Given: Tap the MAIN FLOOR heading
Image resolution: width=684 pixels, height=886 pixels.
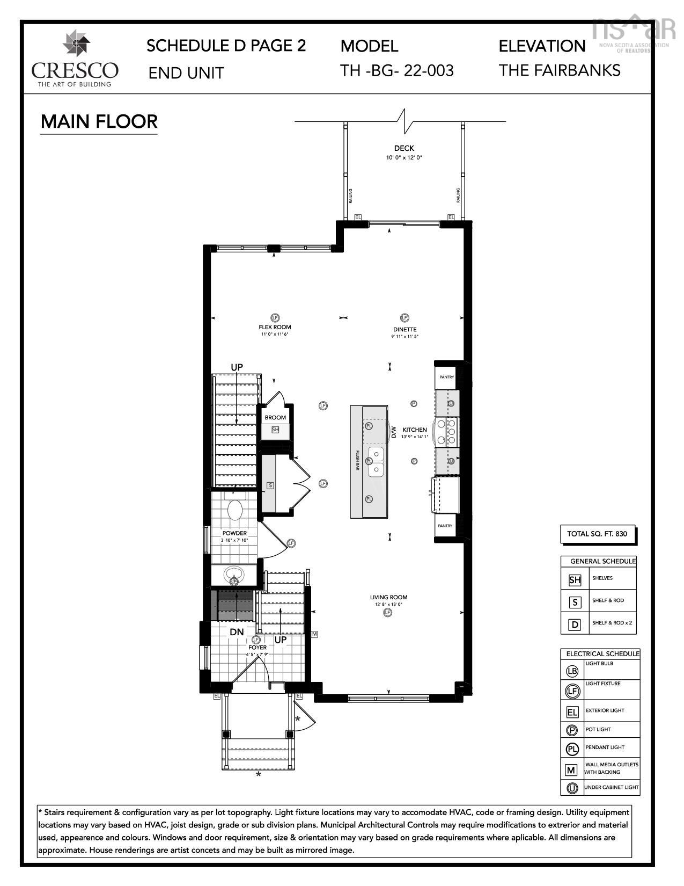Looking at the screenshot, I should click(99, 121).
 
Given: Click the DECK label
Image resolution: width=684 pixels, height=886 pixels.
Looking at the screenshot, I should click(404, 148).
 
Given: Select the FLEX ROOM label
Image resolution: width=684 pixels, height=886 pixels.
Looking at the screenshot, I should click(275, 327).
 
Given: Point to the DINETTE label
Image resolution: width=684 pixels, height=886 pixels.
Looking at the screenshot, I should click(404, 330).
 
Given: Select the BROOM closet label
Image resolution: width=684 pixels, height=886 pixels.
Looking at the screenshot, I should click(275, 417).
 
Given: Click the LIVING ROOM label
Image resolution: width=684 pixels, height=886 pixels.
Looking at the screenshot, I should click(388, 597).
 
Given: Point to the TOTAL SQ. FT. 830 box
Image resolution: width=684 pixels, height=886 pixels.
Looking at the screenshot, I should click(597, 534).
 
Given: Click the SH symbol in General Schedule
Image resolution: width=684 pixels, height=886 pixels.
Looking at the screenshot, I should click(575, 579).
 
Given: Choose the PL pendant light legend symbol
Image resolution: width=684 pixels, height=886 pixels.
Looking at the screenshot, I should click(572, 748).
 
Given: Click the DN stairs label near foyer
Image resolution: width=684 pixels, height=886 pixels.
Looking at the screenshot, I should click(237, 632).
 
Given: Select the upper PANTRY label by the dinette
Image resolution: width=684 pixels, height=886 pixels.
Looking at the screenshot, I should click(446, 377).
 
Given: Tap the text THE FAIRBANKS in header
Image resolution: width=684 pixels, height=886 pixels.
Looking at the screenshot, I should click(560, 70).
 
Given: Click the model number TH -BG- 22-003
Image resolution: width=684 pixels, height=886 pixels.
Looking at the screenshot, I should click(397, 70).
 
